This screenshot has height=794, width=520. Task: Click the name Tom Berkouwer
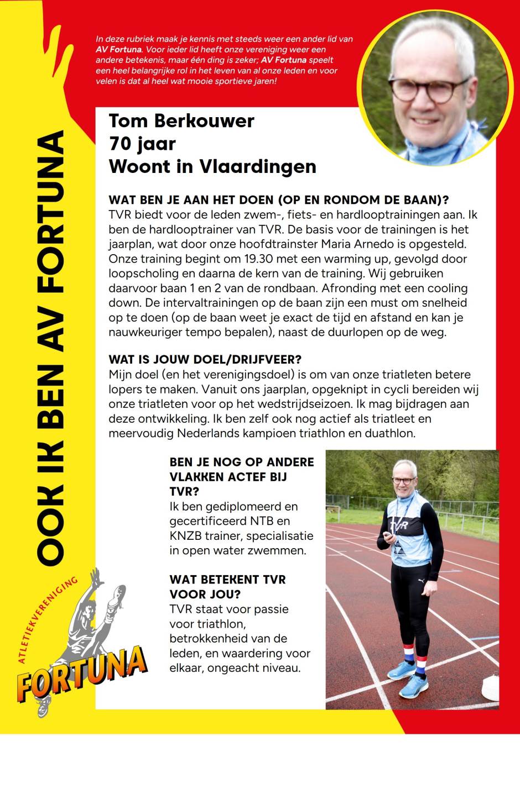pyautogui.click(x=181, y=121)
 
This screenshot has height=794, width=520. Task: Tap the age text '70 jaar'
pyautogui.click(x=142, y=144)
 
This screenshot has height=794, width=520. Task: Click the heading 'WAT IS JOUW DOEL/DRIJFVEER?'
pyautogui.click(x=205, y=360)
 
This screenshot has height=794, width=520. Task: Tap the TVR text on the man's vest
pyautogui.click(x=399, y=525)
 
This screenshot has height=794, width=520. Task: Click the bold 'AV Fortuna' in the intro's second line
pyautogui.click(x=119, y=50)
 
